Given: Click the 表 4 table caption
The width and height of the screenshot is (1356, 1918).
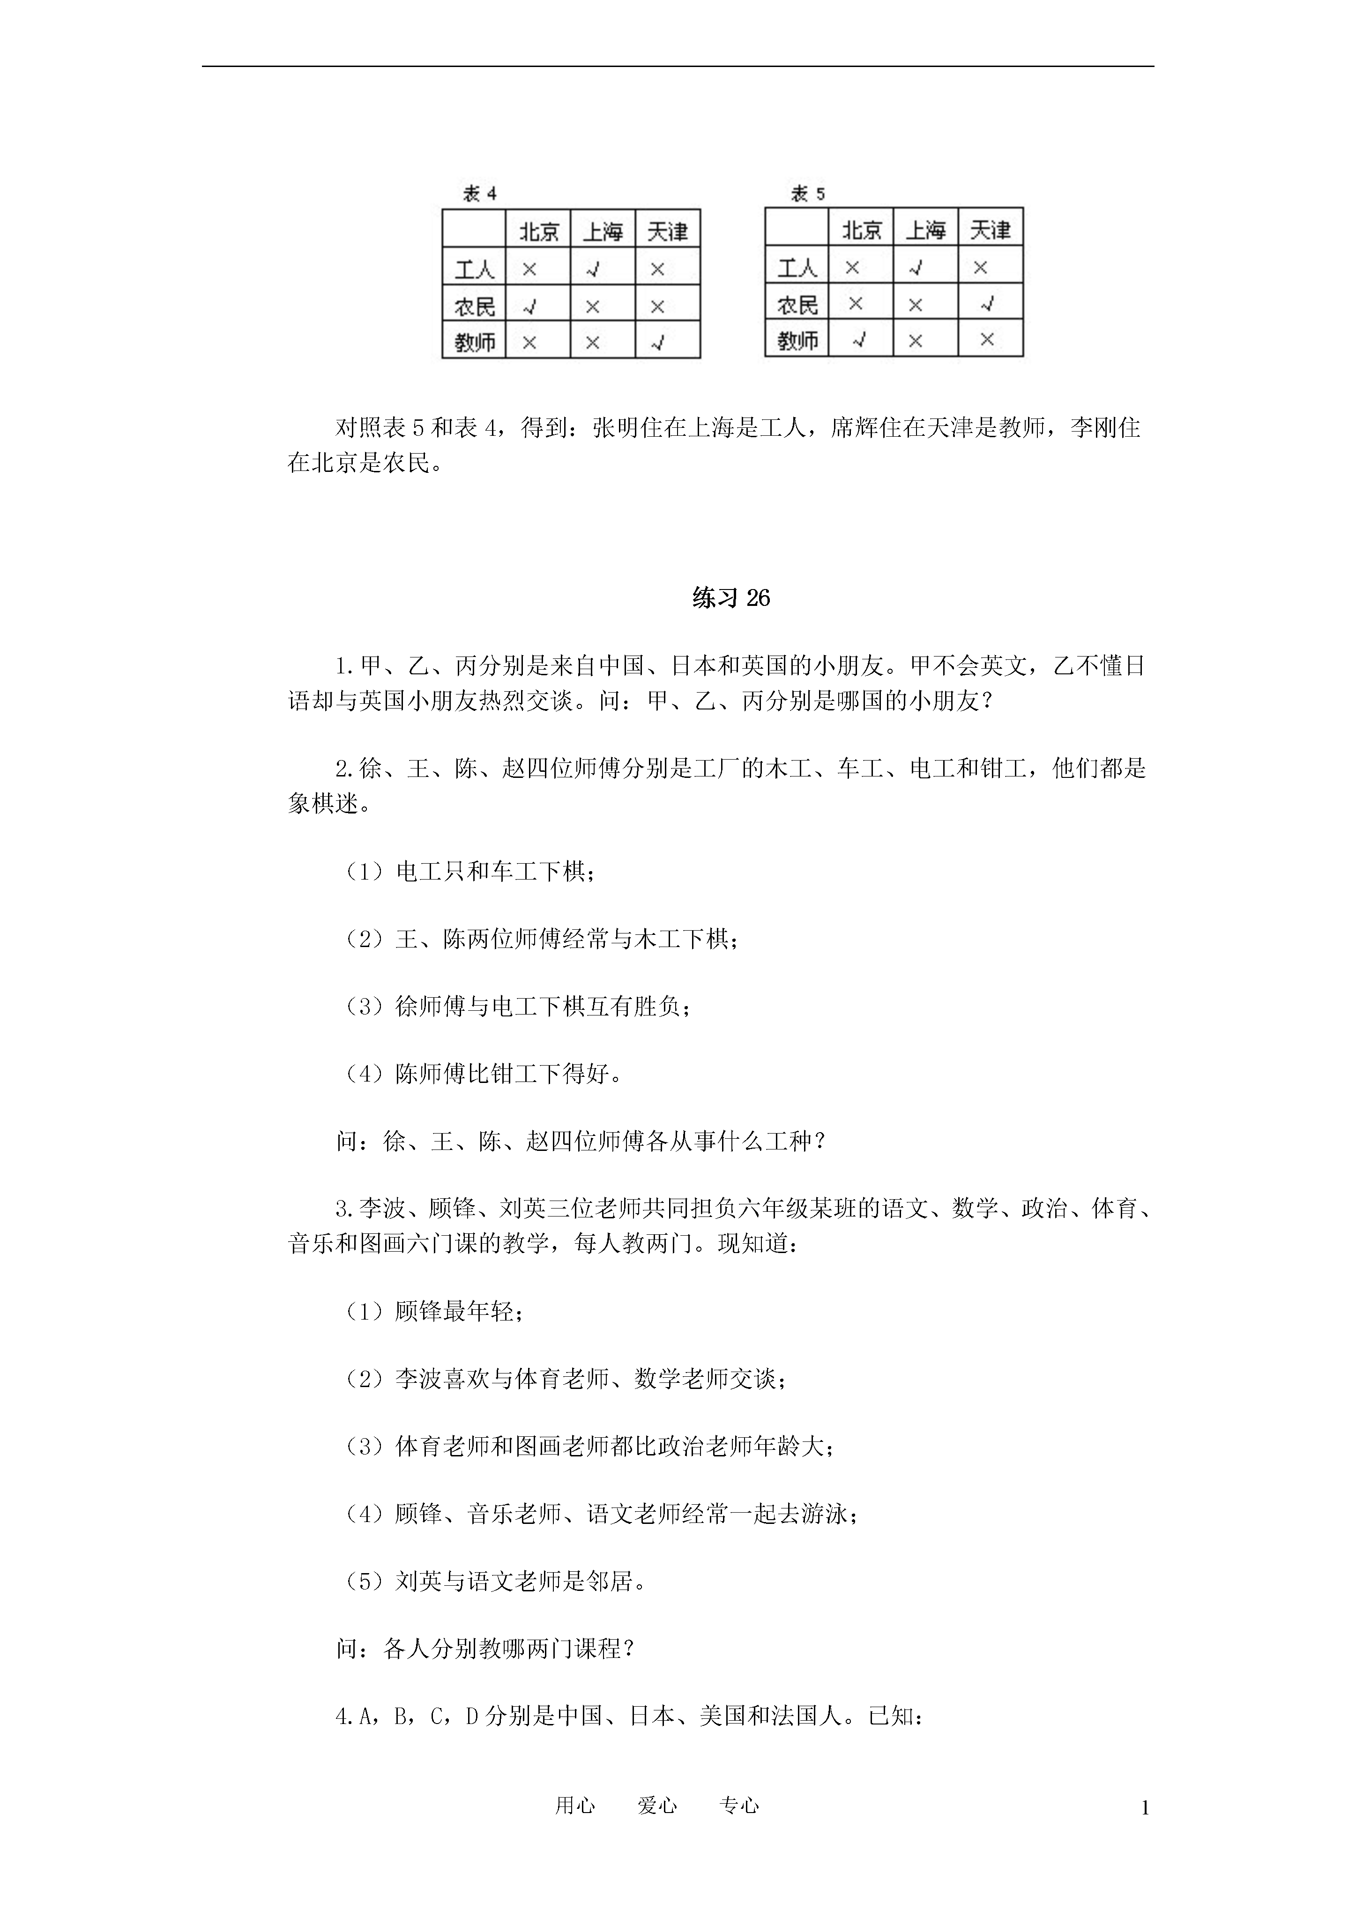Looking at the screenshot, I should pos(480,194).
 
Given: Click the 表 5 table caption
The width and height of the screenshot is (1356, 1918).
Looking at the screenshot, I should pos(808,194).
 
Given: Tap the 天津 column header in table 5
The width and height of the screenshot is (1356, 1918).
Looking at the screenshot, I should pos(990,230).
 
